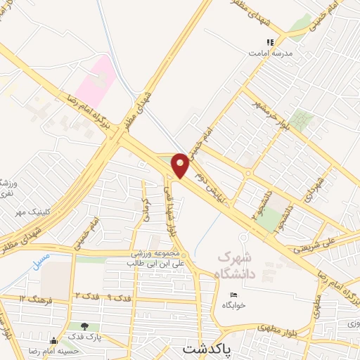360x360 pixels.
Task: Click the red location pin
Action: coord(180,165)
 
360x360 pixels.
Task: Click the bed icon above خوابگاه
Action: coord(233,295)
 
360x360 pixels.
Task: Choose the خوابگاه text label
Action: coord(233,306)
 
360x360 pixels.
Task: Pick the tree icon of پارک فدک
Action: coord(84,326)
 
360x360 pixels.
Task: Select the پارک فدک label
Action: coord(84,337)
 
